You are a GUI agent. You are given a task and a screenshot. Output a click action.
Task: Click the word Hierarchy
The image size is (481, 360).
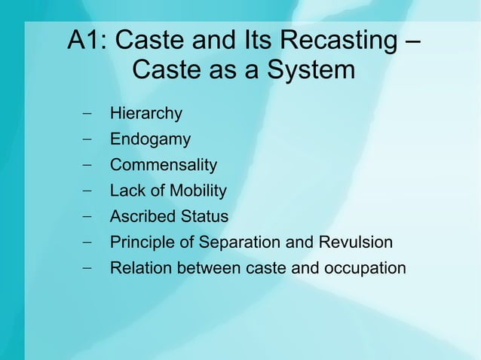coord(146,114)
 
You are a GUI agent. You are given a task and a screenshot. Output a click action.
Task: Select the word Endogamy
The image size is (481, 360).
coord(150,140)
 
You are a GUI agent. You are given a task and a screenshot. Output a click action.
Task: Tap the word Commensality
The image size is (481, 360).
coord(163,165)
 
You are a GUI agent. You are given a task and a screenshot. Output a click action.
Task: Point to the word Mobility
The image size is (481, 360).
coord(197,191)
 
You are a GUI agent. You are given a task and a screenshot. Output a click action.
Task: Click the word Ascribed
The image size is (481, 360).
coord(142,217)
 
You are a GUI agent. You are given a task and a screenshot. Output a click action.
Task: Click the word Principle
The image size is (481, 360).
coord(142,243)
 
